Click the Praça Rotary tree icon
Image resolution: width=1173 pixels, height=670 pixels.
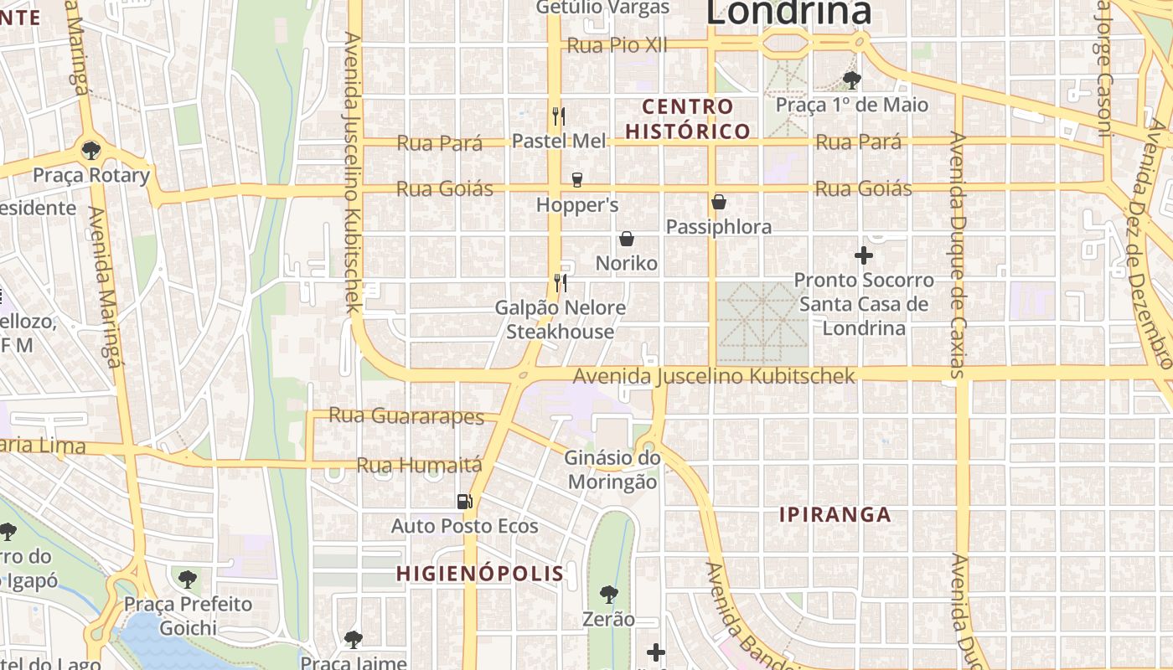[91, 151]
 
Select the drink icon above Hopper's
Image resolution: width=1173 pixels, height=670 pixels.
[576, 179]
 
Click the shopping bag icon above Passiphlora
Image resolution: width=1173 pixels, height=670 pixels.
[718, 202]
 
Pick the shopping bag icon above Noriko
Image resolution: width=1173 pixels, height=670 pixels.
[626, 239]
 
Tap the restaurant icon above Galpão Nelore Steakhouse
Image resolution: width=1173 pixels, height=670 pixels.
[561, 282]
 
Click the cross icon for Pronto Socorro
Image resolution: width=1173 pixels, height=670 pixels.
[863, 255]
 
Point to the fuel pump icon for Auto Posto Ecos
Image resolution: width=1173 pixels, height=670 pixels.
[464, 501]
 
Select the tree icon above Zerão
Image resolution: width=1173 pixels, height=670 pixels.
[609, 595]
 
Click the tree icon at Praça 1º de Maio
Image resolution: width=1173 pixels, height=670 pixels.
[851, 80]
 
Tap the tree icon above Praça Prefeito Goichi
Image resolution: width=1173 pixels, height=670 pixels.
[188, 579]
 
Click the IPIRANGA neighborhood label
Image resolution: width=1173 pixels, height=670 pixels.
[835, 514]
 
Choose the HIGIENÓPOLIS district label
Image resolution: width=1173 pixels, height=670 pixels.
[480, 574]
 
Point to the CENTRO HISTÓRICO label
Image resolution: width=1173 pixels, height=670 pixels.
[688, 119]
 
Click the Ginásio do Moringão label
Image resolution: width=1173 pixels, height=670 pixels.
[612, 470]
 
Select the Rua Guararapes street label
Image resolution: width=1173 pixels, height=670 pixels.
[406, 415]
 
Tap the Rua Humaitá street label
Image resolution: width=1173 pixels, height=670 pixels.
[420, 465]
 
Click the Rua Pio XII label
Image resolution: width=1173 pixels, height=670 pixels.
[618, 45]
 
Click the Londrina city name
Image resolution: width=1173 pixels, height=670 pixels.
[788, 13]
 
